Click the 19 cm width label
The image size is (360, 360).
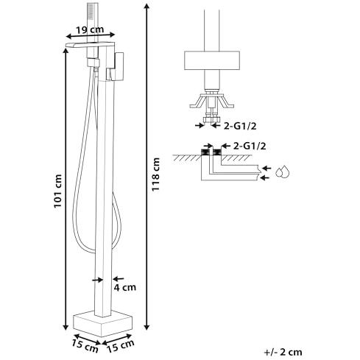point(90,30)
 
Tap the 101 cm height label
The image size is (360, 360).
point(57,191)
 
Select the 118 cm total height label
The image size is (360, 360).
point(155,174)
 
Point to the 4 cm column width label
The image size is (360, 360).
point(124,287)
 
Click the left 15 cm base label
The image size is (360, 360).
point(85,346)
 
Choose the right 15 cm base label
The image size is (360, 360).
point(121,346)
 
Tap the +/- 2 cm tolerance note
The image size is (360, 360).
point(283,352)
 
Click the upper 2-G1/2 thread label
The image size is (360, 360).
point(240,126)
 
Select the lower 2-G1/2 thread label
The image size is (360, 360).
point(250,147)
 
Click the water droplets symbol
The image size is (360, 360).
point(283,172)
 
